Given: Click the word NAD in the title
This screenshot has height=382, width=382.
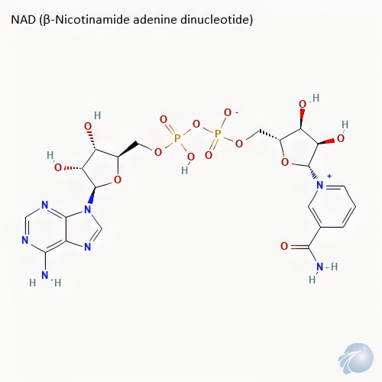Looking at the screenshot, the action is pyautogui.click(x=23, y=20).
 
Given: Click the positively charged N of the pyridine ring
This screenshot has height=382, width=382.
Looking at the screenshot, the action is pyautogui.click(x=320, y=185).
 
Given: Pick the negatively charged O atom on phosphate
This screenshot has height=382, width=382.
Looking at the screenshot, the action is pyautogui.click(x=228, y=112).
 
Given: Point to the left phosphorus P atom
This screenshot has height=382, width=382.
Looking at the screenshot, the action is pyautogui.click(x=177, y=138).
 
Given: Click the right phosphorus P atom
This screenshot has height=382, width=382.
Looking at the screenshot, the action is pyautogui.click(x=218, y=133).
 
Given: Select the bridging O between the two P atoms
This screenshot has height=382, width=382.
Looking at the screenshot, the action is pyautogui.click(x=196, y=124).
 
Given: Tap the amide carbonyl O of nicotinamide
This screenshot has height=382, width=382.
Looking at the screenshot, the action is pyautogui.click(x=284, y=246).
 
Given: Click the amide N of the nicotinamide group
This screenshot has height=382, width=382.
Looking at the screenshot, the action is pyautogui.click(x=320, y=267).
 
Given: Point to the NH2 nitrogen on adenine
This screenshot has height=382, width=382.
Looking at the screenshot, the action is pyautogui.click(x=45, y=275).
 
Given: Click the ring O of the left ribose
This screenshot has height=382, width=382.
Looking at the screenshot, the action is pyautogui.click(x=117, y=180).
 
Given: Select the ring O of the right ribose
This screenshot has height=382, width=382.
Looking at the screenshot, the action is pyautogui.click(x=285, y=162).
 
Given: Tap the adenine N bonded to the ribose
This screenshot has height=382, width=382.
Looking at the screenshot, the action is pyautogui.click(x=87, y=209).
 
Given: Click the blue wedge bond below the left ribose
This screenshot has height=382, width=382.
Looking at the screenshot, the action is pyautogui.click(x=92, y=196).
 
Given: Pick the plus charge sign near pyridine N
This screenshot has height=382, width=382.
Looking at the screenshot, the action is pyautogui.click(x=329, y=176).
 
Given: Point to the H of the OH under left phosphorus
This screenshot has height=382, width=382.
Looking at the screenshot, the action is pyautogui.click(x=185, y=170).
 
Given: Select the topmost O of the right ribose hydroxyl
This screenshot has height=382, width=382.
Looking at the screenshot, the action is pyautogui.click(x=303, y=104).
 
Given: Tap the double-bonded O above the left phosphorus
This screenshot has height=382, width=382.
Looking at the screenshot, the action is pyautogui.click(x=163, y=119).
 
